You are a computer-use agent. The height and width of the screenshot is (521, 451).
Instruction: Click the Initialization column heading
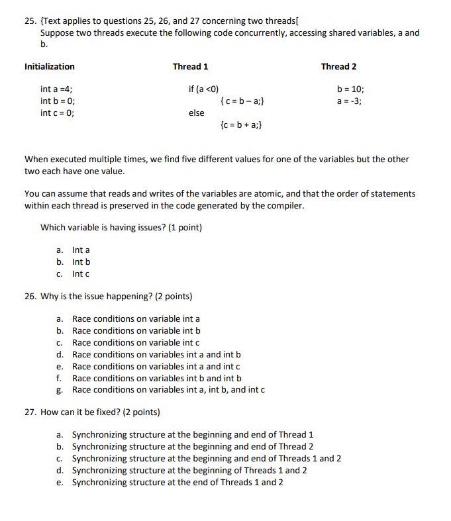(49, 67)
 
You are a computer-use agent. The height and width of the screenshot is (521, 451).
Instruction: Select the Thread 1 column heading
(190, 67)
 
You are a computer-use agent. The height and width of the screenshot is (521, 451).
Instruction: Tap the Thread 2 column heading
(338, 67)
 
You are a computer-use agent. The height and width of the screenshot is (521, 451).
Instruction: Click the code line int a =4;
(57, 89)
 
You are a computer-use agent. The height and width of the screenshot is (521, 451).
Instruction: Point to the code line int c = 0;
(57, 113)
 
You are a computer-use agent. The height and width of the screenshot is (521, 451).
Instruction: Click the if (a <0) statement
(203, 89)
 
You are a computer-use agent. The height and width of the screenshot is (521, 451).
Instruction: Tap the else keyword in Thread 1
(196, 113)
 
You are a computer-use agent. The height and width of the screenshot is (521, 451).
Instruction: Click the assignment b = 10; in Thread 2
(350, 89)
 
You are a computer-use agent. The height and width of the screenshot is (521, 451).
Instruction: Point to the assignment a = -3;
(349, 101)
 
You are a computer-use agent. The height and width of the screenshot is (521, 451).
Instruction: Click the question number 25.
(30, 21)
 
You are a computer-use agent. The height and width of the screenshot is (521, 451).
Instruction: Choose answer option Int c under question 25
(80, 273)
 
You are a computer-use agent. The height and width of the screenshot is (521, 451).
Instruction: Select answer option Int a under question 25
(80, 250)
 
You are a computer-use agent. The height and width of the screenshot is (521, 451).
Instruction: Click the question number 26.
(30, 296)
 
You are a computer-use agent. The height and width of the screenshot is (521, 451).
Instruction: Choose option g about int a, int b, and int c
(168, 390)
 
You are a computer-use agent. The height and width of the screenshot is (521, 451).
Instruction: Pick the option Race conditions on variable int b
(136, 330)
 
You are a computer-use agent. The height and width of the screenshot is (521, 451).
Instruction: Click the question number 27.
(30, 412)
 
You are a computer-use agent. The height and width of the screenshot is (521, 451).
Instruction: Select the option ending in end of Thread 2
(192, 446)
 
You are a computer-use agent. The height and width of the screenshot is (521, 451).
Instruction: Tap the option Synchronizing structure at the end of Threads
(177, 482)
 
